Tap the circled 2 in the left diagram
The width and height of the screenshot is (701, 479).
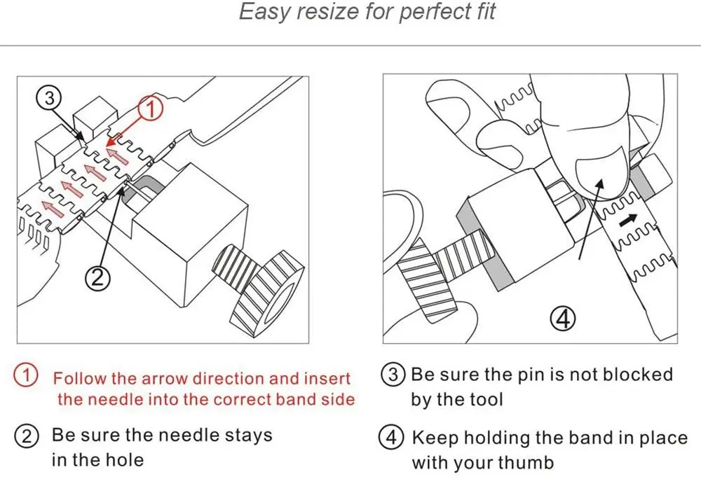(98, 279)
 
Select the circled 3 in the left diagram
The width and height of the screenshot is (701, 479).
(49, 99)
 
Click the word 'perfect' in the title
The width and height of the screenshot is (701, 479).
(426, 13)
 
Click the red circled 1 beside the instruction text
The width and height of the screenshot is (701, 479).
(26, 375)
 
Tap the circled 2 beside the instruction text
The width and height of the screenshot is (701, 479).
(26, 436)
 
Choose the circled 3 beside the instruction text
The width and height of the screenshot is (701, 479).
(393, 375)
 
